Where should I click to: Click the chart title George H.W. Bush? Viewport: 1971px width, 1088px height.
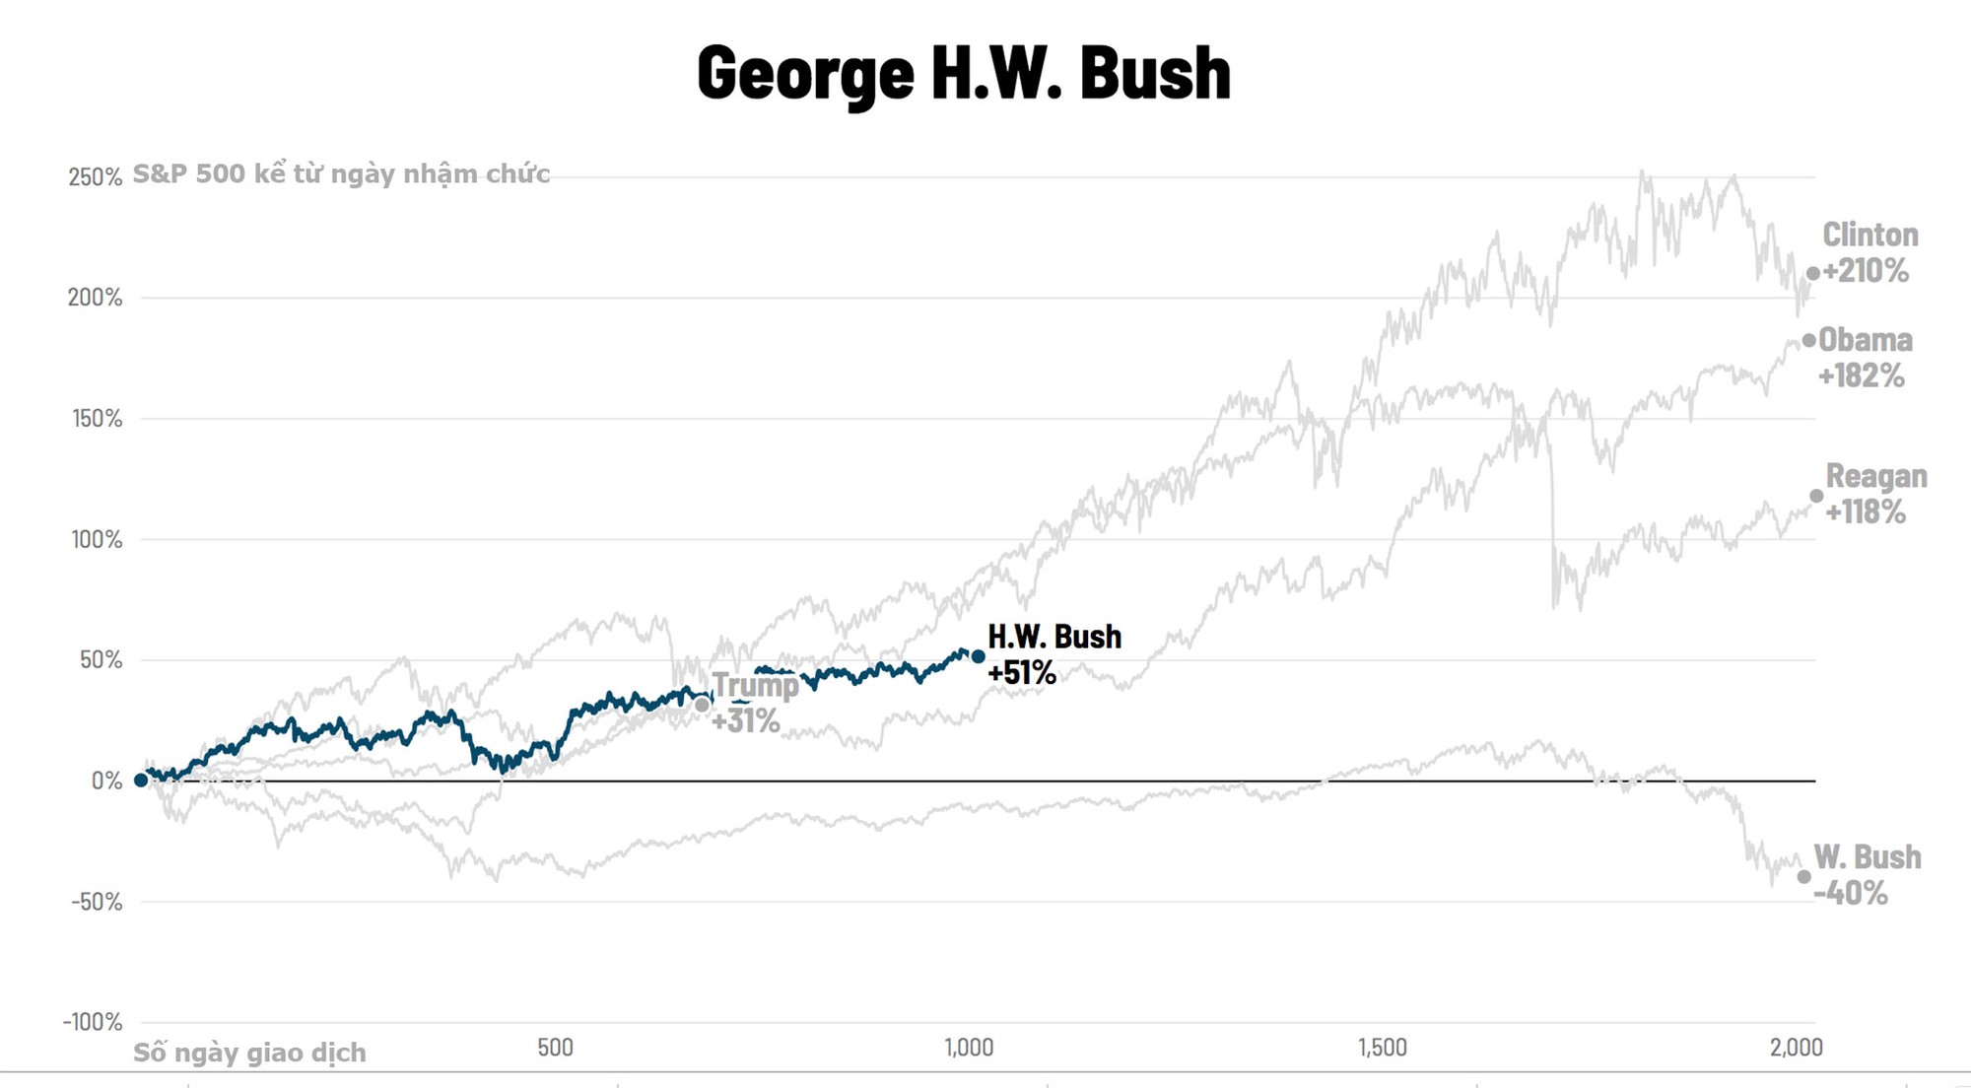coord(964,74)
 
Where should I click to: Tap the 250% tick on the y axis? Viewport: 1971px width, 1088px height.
coord(96,177)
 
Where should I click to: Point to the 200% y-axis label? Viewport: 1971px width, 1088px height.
coord(96,298)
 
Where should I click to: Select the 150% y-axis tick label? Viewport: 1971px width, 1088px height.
coord(98,419)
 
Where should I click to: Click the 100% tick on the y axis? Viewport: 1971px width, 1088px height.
coord(98,540)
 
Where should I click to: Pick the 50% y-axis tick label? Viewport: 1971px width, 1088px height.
coord(102,660)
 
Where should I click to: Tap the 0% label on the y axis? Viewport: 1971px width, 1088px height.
coord(107,782)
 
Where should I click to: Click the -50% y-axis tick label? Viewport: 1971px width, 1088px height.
coord(97,902)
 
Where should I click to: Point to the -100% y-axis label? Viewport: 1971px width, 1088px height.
coord(93,1022)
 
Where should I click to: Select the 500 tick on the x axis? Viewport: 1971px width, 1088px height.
coord(555,1048)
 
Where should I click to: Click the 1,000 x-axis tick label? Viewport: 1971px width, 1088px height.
coord(969,1048)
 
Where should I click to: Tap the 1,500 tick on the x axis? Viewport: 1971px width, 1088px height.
coord(1382,1048)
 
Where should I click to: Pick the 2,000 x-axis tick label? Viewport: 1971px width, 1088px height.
coord(1796,1048)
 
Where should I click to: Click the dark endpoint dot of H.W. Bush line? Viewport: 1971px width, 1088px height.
coord(978,656)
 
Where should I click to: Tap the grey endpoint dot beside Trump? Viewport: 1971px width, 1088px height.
coord(702,705)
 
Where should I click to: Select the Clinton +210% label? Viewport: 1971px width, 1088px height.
coord(1869,252)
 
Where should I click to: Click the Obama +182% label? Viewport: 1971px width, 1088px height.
coord(1864,358)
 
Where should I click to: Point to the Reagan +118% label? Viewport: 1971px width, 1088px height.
coord(1874,494)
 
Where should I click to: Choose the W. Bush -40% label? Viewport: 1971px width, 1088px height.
coord(1866,875)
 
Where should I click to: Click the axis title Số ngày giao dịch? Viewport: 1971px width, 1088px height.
coord(249,1053)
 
